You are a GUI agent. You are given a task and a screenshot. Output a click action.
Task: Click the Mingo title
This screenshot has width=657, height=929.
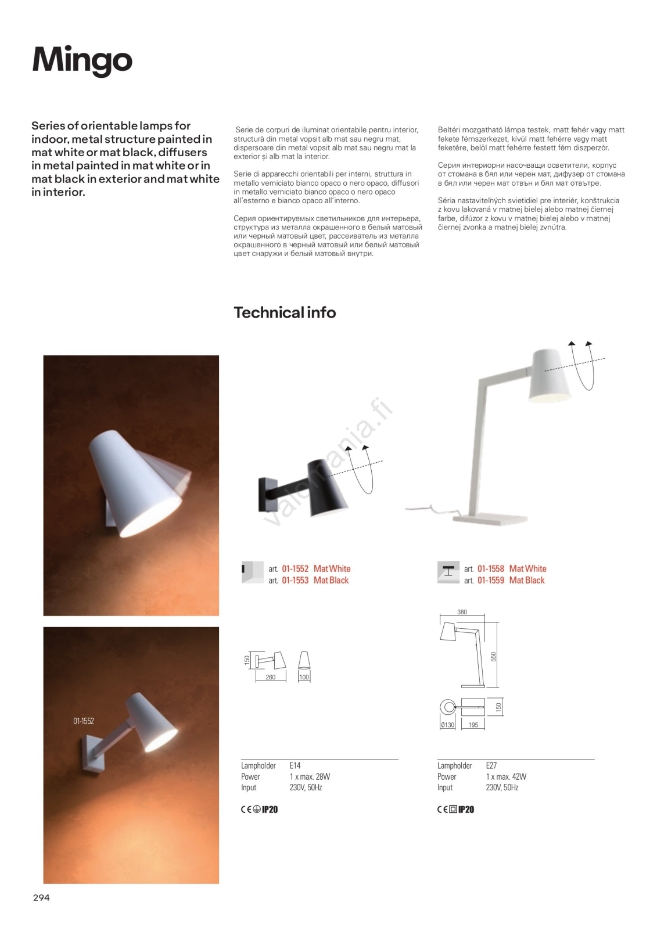tap(82, 60)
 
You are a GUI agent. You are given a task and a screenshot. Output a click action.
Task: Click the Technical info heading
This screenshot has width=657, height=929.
tap(285, 312)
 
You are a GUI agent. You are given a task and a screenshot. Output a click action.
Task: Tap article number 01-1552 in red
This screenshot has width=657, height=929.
tap(295, 569)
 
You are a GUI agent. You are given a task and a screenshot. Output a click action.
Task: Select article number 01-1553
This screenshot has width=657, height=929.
tap(295, 581)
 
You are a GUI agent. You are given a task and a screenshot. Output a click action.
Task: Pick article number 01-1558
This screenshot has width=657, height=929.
tap(491, 569)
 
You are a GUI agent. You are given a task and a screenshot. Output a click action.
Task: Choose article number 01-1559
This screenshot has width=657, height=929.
tap(491, 581)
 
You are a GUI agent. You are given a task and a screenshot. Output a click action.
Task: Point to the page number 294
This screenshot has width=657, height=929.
tap(41, 898)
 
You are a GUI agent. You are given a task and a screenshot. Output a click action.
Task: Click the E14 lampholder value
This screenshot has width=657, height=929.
tap(295, 766)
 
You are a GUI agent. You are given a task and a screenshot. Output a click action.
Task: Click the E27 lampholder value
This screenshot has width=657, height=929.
tap(491, 766)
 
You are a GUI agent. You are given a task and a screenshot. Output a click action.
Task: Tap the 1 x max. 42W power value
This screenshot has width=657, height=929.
tap(506, 777)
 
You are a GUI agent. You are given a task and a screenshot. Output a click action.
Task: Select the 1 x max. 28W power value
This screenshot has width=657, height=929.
tap(310, 777)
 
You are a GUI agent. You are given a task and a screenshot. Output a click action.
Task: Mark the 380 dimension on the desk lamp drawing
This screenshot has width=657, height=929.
tap(462, 612)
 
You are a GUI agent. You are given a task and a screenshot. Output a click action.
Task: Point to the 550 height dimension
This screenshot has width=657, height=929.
tap(494, 657)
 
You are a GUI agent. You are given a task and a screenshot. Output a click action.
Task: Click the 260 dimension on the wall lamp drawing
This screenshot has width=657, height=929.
tap(270, 678)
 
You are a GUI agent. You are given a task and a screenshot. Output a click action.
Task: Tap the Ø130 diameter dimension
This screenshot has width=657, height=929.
tap(447, 725)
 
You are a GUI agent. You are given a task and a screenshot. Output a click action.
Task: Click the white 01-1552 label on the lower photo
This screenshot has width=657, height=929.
tap(84, 721)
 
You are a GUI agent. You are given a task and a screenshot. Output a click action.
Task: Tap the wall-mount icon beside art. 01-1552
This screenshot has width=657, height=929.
tap(252, 572)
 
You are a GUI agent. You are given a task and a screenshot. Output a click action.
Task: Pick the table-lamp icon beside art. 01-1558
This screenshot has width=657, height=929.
tap(448, 572)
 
